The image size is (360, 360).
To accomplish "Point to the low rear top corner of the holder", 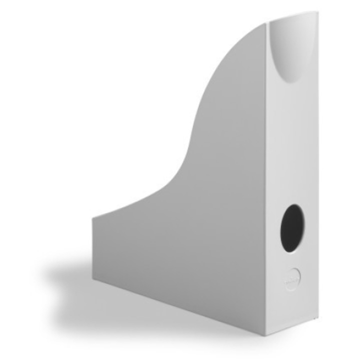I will point(93,216).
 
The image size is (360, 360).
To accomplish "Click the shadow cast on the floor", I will point(75,280).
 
